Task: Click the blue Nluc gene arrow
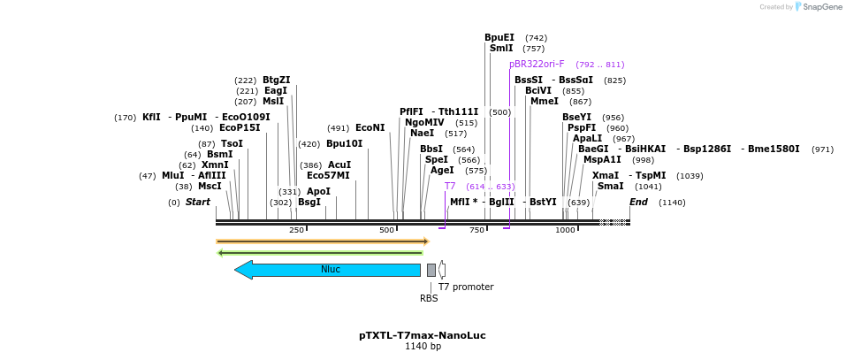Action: point(327,270)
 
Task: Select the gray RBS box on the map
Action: point(431,270)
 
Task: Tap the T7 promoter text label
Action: point(466,287)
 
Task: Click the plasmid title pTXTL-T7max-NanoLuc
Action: point(422,335)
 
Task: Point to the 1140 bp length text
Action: point(423,347)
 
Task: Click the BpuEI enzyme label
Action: point(499,38)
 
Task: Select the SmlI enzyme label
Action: point(501,49)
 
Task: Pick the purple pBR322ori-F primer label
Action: point(537,65)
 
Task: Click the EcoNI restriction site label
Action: point(370,128)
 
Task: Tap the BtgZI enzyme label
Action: point(277,80)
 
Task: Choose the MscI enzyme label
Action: point(210,187)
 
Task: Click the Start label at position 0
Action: point(198,203)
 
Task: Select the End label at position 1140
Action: point(638,203)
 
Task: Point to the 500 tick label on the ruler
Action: point(387,230)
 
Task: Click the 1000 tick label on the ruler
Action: point(565,230)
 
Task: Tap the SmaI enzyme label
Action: point(610,187)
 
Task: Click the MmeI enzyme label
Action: point(545,102)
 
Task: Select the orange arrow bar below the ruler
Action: point(323,241)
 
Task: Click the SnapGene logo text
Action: point(822,7)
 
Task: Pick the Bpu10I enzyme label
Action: point(344,144)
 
